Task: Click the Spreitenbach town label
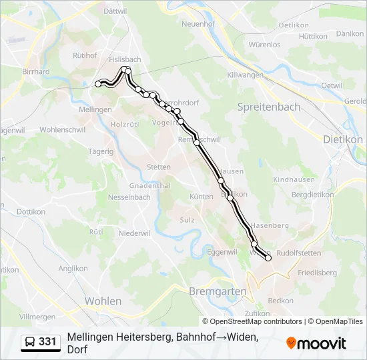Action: [x=269, y=107]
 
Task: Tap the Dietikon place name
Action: [x=342, y=139]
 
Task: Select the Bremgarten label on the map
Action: [x=218, y=291]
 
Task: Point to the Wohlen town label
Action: [x=103, y=301]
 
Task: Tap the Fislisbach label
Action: [x=125, y=59]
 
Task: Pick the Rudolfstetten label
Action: [x=298, y=253]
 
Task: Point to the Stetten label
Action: [x=159, y=167]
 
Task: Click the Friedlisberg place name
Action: [x=317, y=273]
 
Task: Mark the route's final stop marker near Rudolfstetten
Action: [x=268, y=258]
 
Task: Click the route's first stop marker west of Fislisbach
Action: [x=99, y=84]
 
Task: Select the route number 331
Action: [x=47, y=342]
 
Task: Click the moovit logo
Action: [x=316, y=343]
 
